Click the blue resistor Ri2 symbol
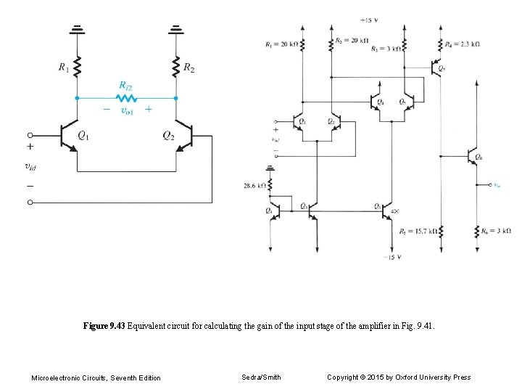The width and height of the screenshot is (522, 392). tap(126, 97)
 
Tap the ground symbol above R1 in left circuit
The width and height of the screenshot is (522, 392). tap(77, 30)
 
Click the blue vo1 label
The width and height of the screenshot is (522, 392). tap(127, 110)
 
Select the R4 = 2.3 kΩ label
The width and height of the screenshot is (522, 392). tap(462, 44)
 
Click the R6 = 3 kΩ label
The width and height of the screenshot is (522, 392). tap(496, 232)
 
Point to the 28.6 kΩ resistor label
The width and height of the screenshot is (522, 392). tap(255, 186)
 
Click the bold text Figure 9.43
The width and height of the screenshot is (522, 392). tap(104, 327)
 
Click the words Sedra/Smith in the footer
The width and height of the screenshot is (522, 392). tap(261, 377)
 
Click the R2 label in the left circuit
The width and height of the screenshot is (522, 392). tap(188, 68)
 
